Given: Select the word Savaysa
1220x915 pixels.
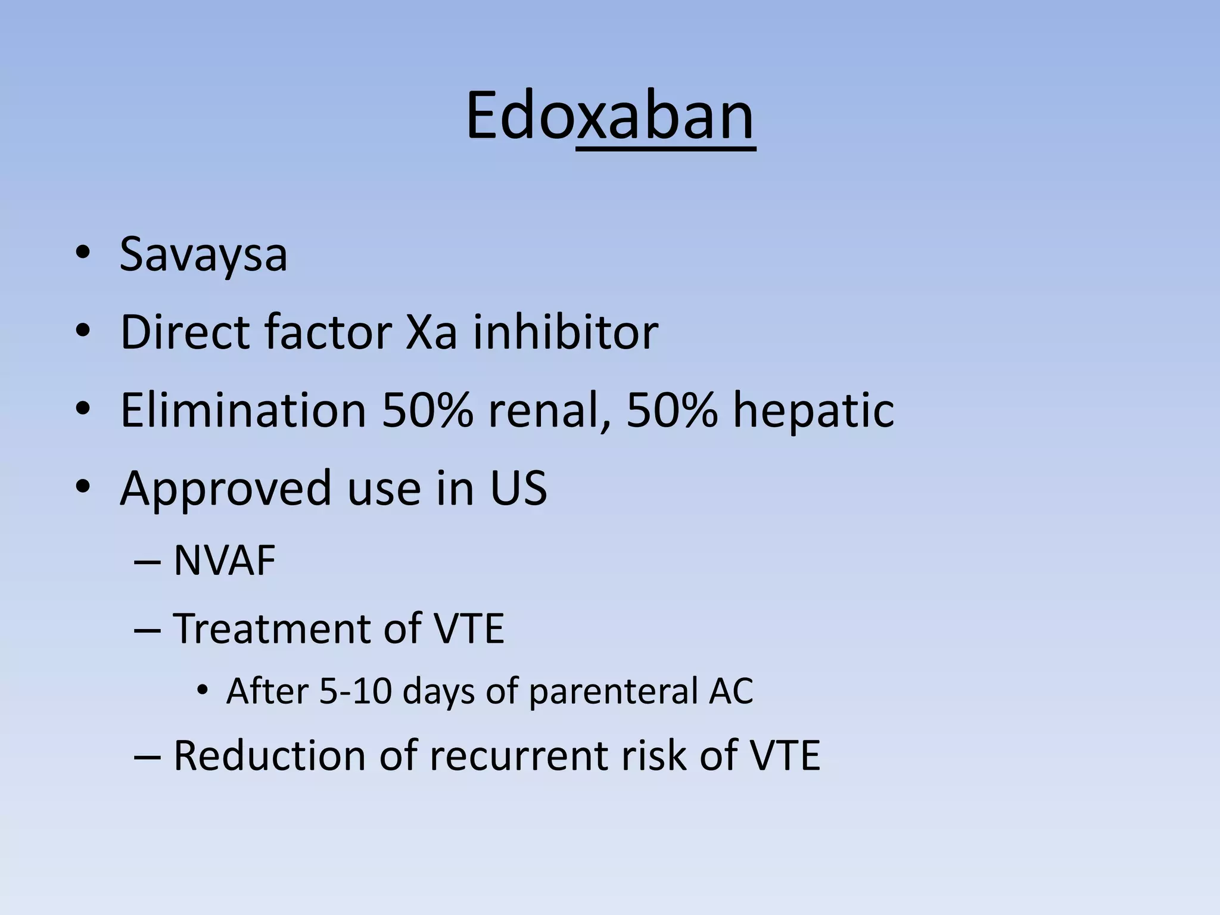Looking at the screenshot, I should click(203, 255).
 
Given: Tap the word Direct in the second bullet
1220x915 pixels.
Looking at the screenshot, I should click(184, 332).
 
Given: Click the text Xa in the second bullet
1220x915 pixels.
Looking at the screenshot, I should click(431, 332).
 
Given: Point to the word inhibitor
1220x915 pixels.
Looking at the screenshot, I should click(565, 332).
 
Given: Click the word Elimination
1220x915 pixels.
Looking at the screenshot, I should click(243, 410).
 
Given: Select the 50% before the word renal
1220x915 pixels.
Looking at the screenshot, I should click(428, 410).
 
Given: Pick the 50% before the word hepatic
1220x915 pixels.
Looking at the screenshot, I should click(672, 410).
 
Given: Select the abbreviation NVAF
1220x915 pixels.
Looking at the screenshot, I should click(224, 561).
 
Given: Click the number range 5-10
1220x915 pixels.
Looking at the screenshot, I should click(356, 692).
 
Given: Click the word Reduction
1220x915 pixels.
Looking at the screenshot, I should click(269, 756).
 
